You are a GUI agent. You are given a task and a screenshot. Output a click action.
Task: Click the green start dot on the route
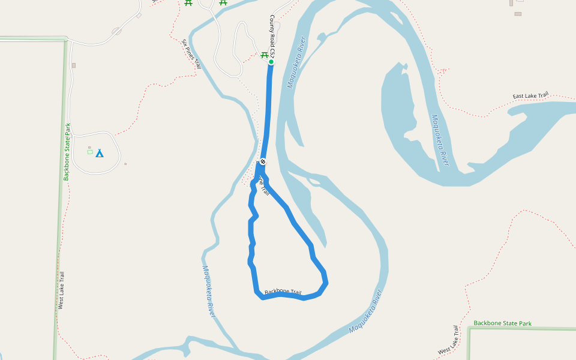tap(271, 62)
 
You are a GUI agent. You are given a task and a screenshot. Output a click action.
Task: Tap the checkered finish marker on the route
tap(263, 161)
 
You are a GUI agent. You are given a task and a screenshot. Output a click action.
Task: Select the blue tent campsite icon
tap(100, 153)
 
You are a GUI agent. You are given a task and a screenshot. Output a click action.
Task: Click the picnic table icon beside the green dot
tap(263, 56)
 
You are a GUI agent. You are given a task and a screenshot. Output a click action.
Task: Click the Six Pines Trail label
tap(191, 54)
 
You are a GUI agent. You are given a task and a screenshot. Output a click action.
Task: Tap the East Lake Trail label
tap(530, 96)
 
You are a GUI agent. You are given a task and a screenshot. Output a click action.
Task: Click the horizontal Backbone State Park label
tap(502, 323)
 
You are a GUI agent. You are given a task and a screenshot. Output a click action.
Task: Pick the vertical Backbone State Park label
tap(68, 151)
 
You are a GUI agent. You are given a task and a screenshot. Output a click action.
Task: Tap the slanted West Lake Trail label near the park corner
tap(448, 341)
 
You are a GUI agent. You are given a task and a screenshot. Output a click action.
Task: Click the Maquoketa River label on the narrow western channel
tap(209, 292)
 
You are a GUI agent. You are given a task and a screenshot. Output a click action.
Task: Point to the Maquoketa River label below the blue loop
tap(365, 311)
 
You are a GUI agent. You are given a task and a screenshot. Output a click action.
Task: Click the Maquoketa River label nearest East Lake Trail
tap(440, 140)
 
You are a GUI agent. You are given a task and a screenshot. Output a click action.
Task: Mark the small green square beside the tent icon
tap(90, 152)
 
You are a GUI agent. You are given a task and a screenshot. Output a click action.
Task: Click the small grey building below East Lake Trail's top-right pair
tap(518, 13)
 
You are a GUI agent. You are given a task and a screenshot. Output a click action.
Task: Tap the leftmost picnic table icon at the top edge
tap(188, 2)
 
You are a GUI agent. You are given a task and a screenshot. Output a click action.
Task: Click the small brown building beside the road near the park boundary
tap(74, 65)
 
